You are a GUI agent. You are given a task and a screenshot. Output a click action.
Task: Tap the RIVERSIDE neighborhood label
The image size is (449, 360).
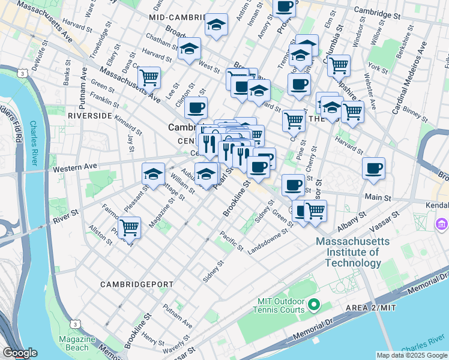[x=90, y=115]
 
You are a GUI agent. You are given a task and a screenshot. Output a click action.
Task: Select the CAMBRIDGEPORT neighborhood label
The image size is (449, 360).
[x=137, y=284]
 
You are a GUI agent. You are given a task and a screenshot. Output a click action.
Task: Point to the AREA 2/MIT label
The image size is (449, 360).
[x=371, y=308]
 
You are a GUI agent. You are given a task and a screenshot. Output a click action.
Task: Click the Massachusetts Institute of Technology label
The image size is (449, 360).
[x=354, y=252]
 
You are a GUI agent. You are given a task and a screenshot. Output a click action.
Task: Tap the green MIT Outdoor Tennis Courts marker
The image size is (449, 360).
[x=313, y=306]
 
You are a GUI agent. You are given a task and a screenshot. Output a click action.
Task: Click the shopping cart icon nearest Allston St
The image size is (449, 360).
[x=129, y=227]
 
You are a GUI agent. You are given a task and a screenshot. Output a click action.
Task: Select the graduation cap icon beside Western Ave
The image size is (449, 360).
[x=153, y=173]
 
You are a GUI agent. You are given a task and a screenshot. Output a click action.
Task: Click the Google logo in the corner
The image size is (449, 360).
[x=20, y=353]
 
